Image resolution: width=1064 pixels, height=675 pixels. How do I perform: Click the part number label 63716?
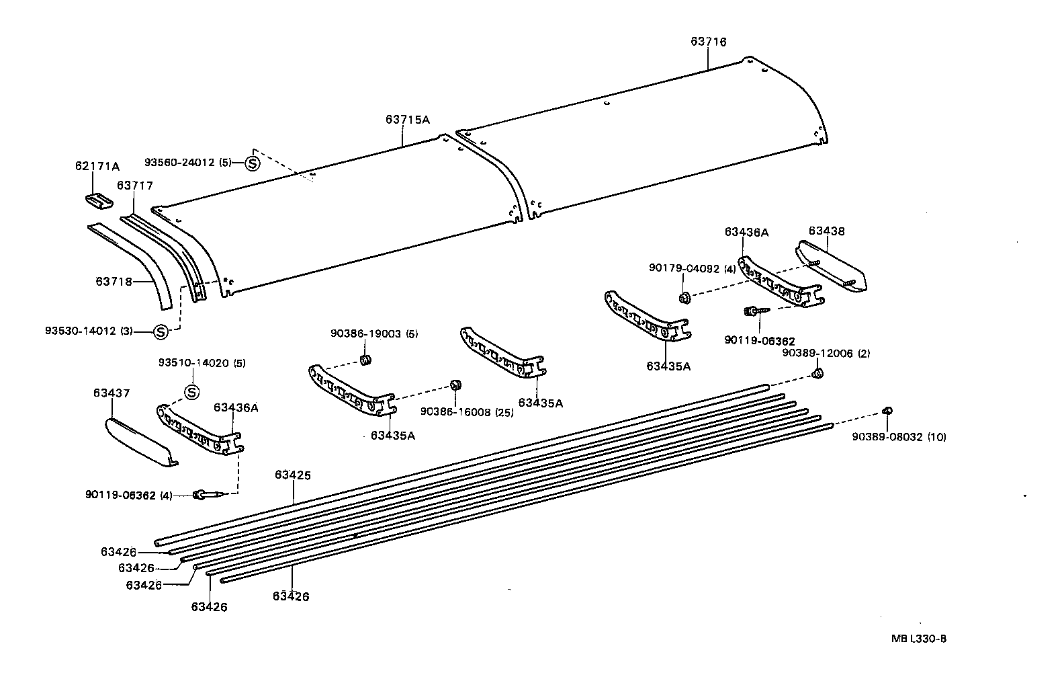(x=708, y=42)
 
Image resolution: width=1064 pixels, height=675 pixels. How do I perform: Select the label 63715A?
(x=407, y=120)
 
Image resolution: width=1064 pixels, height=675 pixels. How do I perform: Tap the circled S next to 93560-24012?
(x=252, y=163)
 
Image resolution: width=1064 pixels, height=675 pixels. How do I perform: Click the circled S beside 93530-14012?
(x=161, y=331)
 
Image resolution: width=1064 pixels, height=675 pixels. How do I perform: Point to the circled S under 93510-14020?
(x=191, y=392)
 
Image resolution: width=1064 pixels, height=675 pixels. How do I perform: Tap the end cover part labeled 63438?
(x=832, y=266)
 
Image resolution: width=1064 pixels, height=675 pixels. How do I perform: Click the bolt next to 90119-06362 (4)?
(x=206, y=495)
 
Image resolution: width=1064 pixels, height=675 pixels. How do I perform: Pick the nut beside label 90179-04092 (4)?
(x=684, y=296)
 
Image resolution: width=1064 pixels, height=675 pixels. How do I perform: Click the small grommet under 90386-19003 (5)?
(x=366, y=360)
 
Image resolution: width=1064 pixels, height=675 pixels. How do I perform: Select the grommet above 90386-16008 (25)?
(x=455, y=385)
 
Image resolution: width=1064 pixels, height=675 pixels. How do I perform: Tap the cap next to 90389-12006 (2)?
(x=818, y=374)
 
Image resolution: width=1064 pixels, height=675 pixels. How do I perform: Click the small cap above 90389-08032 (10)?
(x=887, y=411)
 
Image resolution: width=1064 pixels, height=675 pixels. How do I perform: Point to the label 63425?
(x=293, y=475)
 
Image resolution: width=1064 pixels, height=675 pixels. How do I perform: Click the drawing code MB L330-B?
(x=919, y=639)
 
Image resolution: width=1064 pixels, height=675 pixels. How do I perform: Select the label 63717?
(x=135, y=185)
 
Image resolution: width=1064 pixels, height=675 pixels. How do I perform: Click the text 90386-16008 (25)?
(x=467, y=412)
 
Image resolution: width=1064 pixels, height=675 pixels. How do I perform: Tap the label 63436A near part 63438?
(x=746, y=232)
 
